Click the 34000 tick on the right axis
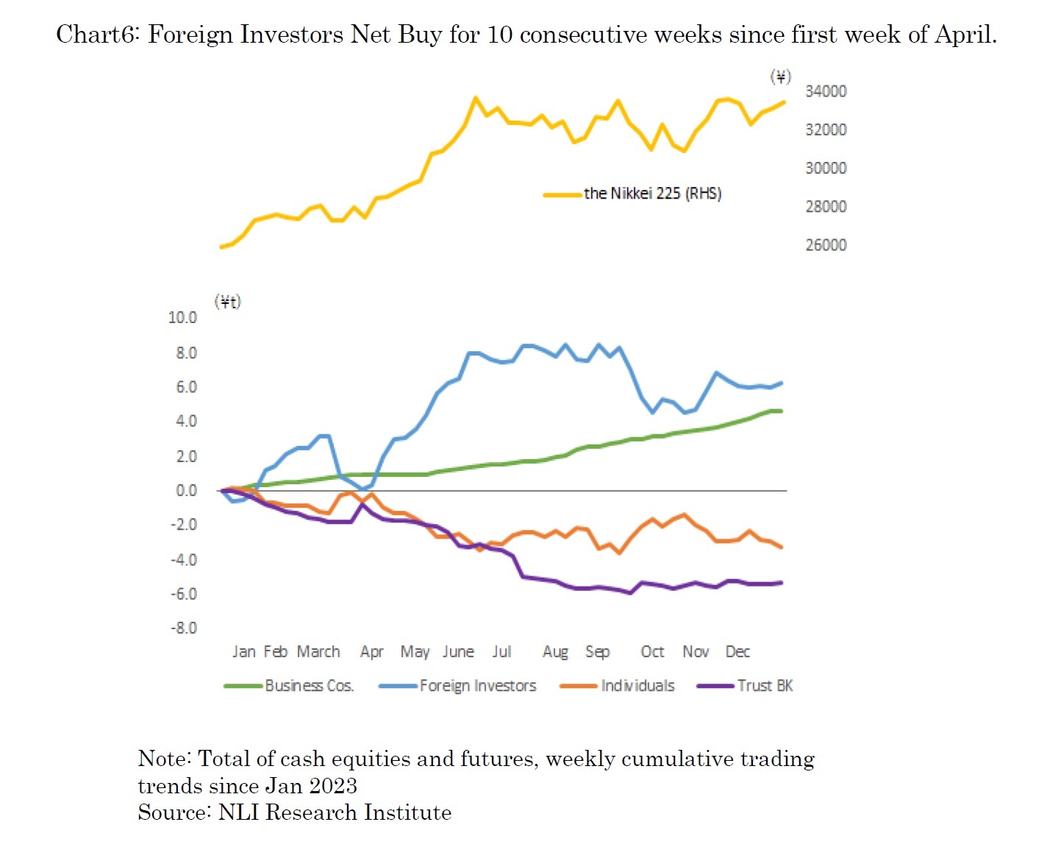pos(826,91)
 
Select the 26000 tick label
pos(826,245)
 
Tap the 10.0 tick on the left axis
pos(182,318)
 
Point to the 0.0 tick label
pos(186,491)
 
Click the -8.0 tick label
pos(184,628)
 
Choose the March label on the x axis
pos(318,652)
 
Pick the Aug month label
pos(555,652)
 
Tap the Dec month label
pos(737,652)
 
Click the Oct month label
pos(652,652)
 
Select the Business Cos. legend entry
pos(309,686)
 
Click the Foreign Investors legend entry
pos(478,686)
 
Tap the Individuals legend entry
pos(637,686)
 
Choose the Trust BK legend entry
pos(765,686)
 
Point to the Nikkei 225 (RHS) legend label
pos(652,194)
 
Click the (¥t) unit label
pos(228,302)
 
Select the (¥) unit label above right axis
pos(780,77)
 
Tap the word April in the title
pos(965,35)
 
